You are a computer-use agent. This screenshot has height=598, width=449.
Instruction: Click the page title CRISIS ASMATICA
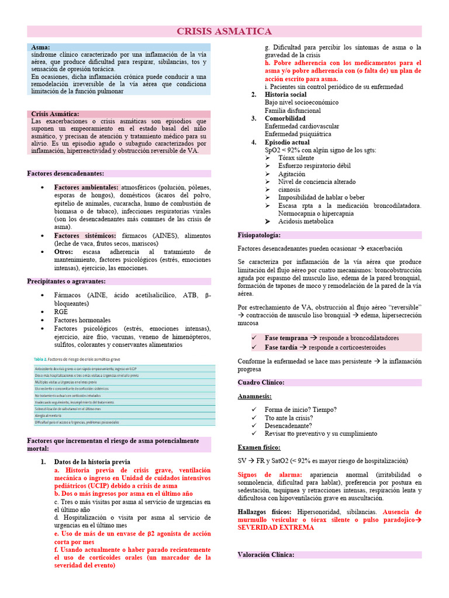click(x=224, y=32)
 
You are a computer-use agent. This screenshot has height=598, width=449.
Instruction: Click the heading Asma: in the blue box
click(x=40, y=47)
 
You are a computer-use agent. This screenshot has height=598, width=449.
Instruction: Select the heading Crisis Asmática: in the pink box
click(x=55, y=114)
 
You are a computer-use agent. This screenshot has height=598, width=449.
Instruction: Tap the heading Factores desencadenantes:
click(x=65, y=173)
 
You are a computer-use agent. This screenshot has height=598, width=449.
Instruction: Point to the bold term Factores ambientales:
click(x=86, y=187)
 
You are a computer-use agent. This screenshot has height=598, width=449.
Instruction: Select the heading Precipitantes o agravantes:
click(x=66, y=281)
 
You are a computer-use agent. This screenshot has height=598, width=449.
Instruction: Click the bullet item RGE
click(x=61, y=312)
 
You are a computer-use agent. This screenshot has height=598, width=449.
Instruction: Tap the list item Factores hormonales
click(x=82, y=320)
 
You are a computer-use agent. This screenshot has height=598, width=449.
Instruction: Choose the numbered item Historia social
click(x=285, y=95)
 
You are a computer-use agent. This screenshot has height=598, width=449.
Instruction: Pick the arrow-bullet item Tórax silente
click(x=296, y=158)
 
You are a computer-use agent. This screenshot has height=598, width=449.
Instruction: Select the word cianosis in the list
click(x=290, y=189)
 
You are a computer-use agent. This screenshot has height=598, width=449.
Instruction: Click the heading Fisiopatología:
click(x=259, y=235)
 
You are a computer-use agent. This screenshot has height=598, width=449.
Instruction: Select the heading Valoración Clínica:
click(x=267, y=555)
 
